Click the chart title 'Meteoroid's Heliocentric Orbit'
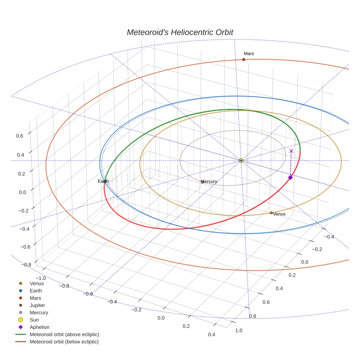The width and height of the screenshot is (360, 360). [180, 32]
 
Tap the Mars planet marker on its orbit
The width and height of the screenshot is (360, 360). [244, 59]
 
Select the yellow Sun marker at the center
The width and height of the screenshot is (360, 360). [241, 161]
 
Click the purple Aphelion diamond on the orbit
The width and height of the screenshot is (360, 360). [290, 177]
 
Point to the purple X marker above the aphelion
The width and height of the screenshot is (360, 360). [291, 151]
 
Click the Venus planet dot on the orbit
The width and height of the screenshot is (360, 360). [271, 213]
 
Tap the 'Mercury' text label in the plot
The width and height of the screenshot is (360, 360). [209, 181]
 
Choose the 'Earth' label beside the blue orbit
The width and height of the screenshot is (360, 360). [103, 181]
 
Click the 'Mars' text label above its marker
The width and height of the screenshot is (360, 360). [249, 53]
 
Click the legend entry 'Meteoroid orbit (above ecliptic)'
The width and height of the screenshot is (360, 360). [64, 334]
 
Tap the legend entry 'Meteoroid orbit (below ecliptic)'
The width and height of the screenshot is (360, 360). [64, 342]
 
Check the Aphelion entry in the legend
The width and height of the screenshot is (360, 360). [39, 327]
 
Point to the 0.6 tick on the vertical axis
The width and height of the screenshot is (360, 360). [19, 135]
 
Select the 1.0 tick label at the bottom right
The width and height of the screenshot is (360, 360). [239, 330]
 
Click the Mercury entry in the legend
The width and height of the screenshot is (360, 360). [38, 312]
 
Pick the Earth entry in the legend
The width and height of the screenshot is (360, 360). [35, 291]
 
